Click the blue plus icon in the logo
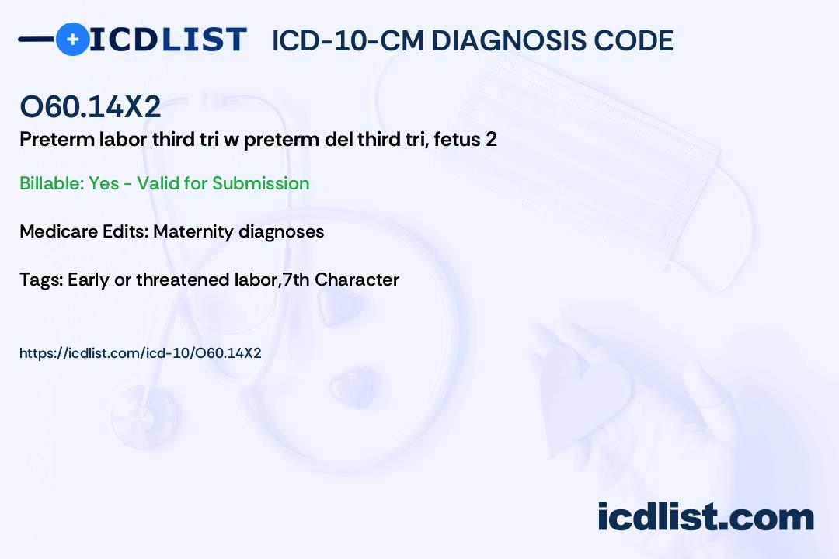(72, 39)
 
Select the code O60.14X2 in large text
(90, 106)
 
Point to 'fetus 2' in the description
(465, 139)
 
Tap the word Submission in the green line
(260, 183)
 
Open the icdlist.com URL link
(140, 353)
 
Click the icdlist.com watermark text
(705, 516)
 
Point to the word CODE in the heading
(633, 40)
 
